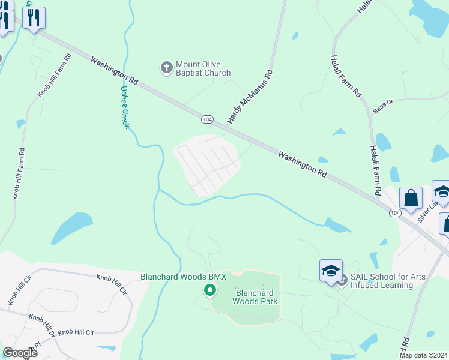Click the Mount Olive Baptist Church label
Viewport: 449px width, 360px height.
203,69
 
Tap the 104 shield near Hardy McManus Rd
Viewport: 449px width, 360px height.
207,119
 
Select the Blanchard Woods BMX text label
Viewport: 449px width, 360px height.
183,277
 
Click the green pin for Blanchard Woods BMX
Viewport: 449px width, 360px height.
210,291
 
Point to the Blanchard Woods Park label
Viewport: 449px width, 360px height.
256,297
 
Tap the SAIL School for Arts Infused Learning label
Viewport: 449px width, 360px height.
382,281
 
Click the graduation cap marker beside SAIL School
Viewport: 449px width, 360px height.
331,271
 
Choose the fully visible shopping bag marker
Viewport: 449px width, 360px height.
411,199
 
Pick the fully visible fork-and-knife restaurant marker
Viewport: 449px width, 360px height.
34,19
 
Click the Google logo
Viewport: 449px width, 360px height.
20,352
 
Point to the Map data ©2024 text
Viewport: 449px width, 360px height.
423,355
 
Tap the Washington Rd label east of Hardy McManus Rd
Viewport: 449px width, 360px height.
303,163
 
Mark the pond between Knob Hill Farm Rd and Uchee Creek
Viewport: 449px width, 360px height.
71,228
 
